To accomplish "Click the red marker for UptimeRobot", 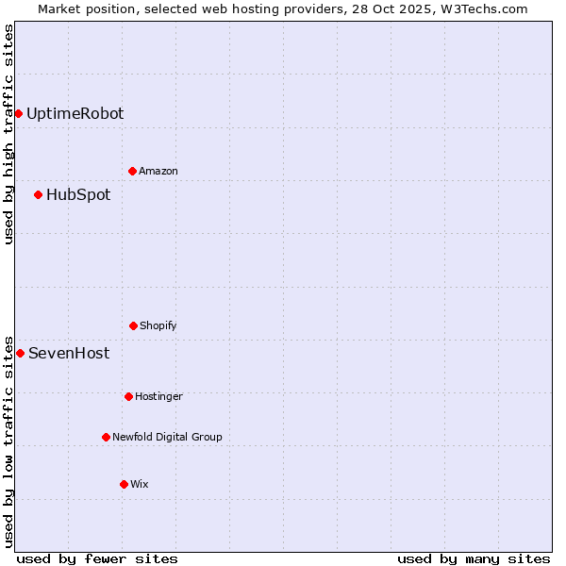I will pos(18,113).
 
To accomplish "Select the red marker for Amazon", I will pos(132,171).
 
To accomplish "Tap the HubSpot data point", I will pos(38,194).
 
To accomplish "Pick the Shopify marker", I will pos(133,325).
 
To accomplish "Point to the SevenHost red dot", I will pos(20,353).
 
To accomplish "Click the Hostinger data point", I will pos(128,396).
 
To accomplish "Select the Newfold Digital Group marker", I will pos(106,437).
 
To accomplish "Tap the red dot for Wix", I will pos(124,484).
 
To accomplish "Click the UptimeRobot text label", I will pos(75,113).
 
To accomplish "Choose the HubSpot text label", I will pos(78,194).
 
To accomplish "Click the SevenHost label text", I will pos(69,353).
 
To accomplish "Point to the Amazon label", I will pos(158,171).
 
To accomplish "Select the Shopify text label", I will pos(158,325).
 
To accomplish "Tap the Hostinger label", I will pos(158,396).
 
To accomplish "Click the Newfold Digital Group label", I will pos(167,437).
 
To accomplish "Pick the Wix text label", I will pos(140,484).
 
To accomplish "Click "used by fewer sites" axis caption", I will pos(97,558).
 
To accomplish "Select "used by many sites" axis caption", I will pos(474,558).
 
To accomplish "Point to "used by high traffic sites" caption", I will pos(8,134).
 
